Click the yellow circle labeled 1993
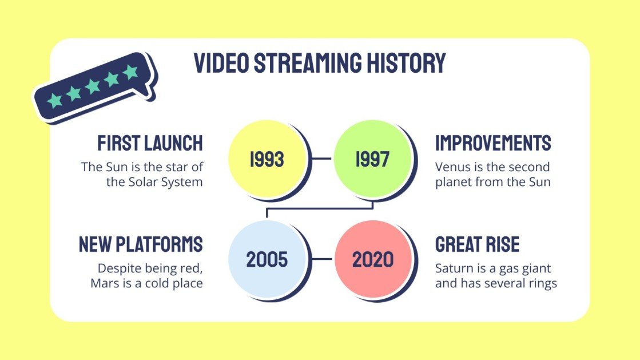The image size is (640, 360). tap(267, 159)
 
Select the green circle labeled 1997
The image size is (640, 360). tap(372, 159)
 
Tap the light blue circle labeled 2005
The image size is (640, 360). tap(267, 259)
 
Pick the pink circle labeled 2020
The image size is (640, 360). tap(372, 259)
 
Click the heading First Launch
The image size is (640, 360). tap(150, 143)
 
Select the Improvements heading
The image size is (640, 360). tap(493, 143)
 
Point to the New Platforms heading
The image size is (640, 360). tap(141, 244)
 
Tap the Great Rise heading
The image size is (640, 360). tap(477, 244)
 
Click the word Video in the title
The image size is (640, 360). tap(221, 63)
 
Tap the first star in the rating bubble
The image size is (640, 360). tap(55, 100)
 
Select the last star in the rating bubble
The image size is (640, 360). tap(131, 72)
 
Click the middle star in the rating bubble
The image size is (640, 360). tap(93, 86)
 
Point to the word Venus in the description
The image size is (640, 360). tap(451, 167)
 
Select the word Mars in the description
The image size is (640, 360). tap(103, 283)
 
